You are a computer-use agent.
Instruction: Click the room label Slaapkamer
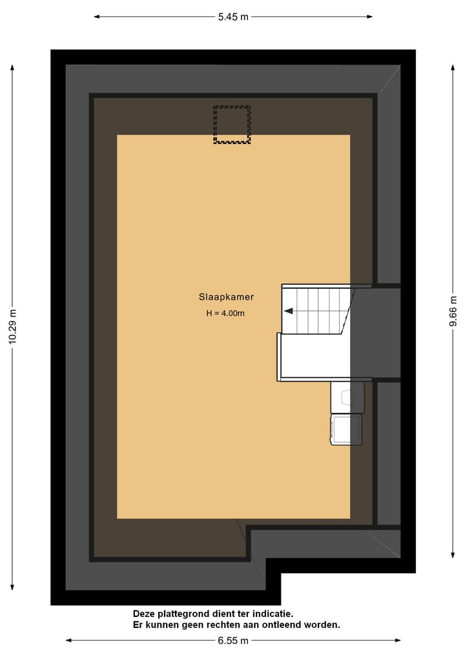point(226,297)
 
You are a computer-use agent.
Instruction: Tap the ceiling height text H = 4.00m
point(225,313)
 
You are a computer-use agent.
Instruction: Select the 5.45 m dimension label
point(233,17)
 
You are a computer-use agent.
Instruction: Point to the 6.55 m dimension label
point(233,640)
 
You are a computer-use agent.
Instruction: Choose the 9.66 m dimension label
point(453,310)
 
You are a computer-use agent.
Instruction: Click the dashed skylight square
point(232,125)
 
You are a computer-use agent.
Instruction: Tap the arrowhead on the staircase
point(288,311)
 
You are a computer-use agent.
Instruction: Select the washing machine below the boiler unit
point(347,430)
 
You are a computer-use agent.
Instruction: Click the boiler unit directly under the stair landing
point(347,397)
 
